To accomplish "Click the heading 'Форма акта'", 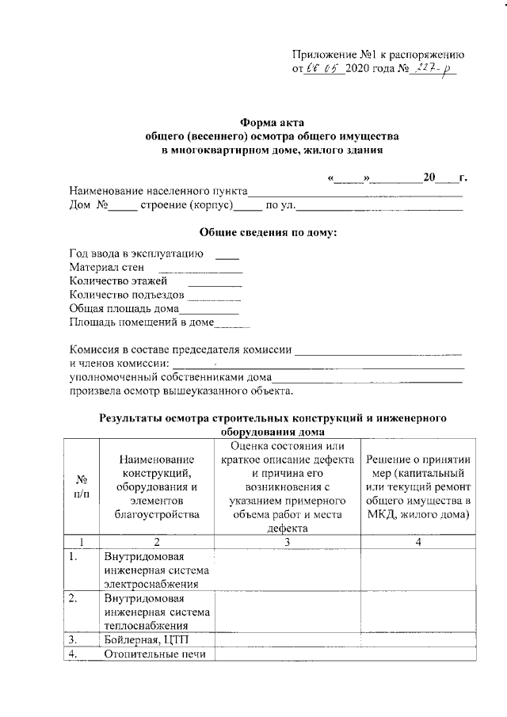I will click(x=265, y=122).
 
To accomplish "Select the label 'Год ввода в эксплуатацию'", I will click(x=136, y=254).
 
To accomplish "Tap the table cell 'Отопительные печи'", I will click(x=154, y=654).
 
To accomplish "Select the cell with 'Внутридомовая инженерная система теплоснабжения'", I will click(x=157, y=612).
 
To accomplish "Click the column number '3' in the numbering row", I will click(x=287, y=542).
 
